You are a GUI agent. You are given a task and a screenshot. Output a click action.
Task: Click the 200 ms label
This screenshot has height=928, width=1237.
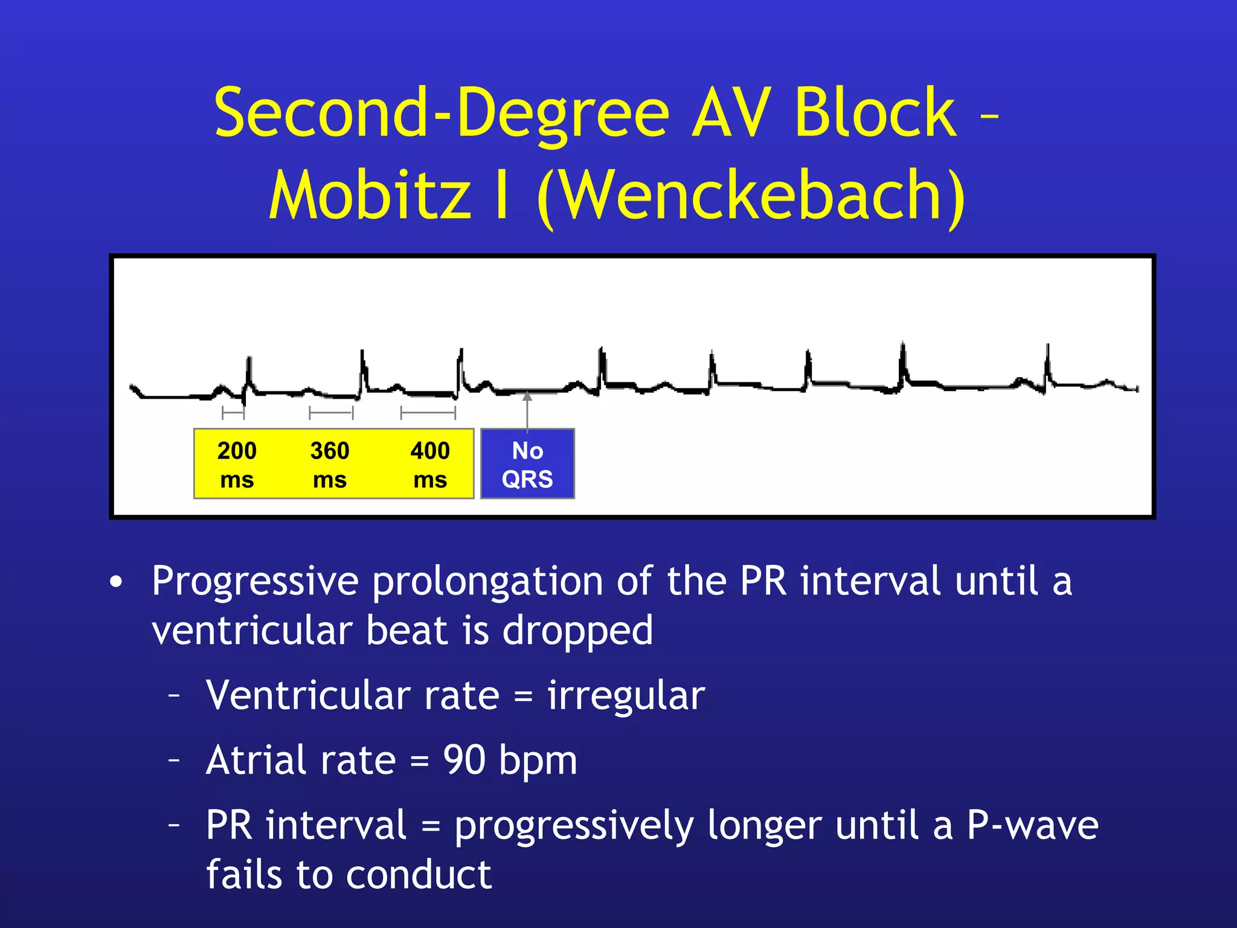237,464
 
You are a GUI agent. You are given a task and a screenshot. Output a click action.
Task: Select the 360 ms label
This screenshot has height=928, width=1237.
330,464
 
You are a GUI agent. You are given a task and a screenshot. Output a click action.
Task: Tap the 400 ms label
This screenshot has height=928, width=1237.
430,464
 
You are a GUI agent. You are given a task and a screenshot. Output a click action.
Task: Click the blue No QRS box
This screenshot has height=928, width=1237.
527,464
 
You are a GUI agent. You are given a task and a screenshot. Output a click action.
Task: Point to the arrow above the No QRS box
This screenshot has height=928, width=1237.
527,411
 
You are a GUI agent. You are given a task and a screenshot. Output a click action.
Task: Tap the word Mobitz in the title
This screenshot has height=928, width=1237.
370,196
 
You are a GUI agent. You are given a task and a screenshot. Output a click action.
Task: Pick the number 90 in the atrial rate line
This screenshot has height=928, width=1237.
464,759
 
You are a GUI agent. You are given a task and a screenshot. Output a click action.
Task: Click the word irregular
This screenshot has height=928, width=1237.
626,695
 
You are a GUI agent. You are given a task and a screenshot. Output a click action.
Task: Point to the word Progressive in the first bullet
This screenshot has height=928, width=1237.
255,581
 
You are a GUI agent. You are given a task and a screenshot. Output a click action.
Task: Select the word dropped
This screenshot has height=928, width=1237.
577,631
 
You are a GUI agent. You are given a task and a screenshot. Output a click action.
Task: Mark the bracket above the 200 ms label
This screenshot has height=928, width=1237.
233,413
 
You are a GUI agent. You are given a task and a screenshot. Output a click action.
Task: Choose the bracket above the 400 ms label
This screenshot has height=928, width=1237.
428,413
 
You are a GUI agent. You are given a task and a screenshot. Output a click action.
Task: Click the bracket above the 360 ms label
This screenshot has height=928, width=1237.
331,413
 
